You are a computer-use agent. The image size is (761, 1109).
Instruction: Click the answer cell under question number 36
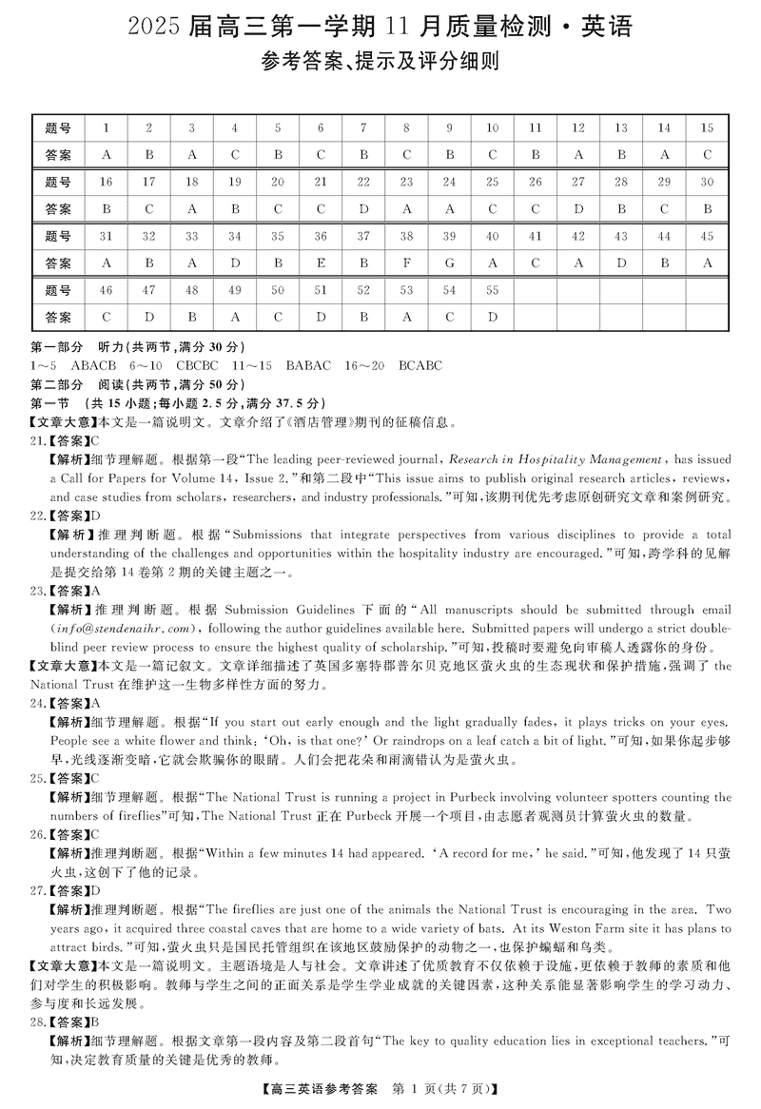click(x=321, y=263)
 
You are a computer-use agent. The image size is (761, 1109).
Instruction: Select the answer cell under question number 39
click(x=450, y=263)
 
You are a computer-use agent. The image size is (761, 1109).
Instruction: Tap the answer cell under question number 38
click(x=407, y=263)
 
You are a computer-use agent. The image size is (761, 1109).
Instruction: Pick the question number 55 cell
click(x=493, y=290)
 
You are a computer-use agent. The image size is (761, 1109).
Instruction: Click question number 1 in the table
click(x=107, y=127)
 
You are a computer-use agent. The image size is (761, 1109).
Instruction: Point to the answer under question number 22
click(x=363, y=209)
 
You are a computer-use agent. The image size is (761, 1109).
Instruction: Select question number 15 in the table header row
click(x=707, y=127)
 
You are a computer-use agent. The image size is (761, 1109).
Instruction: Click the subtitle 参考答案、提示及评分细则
click(x=380, y=64)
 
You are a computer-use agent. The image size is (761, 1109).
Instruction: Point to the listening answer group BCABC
click(x=420, y=365)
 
